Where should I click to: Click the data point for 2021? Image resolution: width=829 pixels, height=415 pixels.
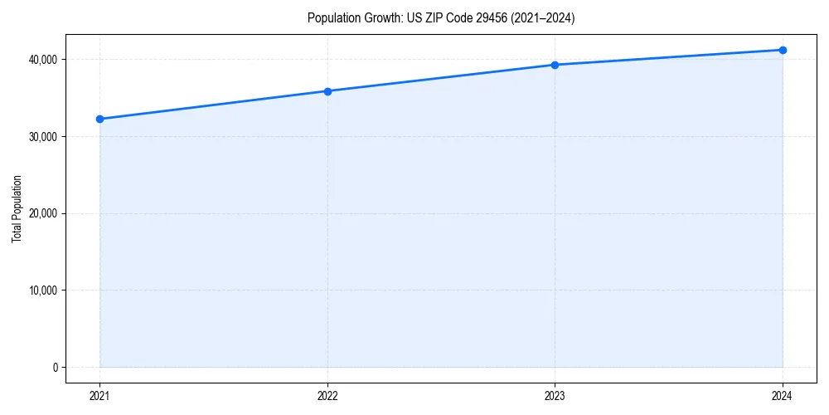tap(99, 119)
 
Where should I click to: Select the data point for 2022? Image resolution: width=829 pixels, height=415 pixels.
tap(327, 91)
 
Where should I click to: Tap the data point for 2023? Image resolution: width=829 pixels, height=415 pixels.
tap(555, 65)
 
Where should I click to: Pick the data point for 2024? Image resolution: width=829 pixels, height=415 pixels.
tap(783, 50)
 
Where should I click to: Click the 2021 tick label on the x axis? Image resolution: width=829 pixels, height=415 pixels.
tap(99, 396)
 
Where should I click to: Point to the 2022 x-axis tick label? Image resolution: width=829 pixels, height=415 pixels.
tap(327, 396)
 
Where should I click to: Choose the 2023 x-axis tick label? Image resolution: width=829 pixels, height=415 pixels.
tap(555, 396)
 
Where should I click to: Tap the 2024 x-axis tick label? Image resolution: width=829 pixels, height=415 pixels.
tap(783, 396)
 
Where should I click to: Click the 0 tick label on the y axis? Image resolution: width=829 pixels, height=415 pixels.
tap(55, 368)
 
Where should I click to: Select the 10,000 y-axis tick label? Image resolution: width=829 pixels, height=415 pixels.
tap(42, 290)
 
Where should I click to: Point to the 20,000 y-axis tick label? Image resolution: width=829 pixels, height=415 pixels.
tap(42, 213)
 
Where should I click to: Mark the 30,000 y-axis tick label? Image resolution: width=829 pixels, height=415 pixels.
tap(42, 136)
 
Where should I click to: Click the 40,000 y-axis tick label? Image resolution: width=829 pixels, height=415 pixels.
tap(42, 59)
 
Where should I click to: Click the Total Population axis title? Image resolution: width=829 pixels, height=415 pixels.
tap(17, 208)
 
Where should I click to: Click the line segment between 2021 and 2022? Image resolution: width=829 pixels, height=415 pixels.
tap(213, 105)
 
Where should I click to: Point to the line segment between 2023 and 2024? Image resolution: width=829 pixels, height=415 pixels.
tap(668, 57)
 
